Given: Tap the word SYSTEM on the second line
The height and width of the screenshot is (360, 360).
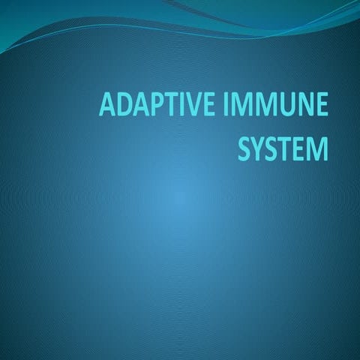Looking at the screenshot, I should tap(283, 147).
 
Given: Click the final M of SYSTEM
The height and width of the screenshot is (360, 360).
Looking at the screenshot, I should tap(318, 147).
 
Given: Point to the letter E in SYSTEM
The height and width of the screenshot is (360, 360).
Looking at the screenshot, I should tap(301, 147).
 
